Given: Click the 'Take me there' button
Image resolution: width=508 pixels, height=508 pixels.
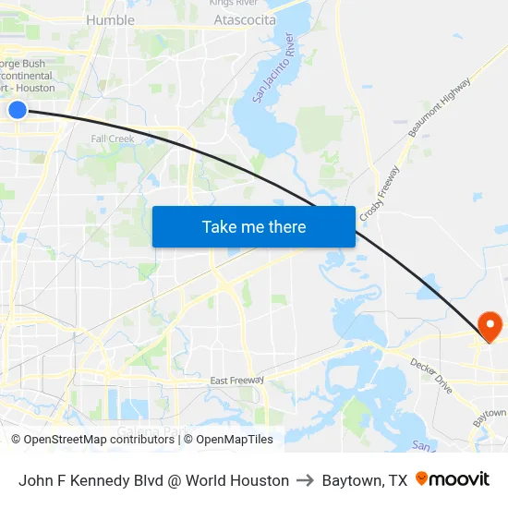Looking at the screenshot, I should [254, 226].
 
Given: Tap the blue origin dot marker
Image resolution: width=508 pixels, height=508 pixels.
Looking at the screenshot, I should [18, 110].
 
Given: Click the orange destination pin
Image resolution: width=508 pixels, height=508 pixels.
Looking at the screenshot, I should [489, 325].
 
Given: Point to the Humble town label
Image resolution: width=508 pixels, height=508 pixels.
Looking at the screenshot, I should [110, 19].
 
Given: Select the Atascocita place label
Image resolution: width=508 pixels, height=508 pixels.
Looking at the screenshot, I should [245, 19].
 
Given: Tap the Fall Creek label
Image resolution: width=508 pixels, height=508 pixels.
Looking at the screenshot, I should [113, 139].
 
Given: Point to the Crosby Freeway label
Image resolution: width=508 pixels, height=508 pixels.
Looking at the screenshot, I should [380, 193].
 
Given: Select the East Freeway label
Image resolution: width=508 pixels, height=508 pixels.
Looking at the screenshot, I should [236, 381].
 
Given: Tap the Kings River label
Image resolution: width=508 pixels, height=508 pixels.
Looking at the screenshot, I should [233, 4].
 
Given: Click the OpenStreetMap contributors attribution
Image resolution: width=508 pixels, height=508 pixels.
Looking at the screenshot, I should [94, 440].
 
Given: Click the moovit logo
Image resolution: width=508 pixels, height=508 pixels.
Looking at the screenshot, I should [453, 479].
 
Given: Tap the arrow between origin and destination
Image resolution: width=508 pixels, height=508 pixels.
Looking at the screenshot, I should [306, 480].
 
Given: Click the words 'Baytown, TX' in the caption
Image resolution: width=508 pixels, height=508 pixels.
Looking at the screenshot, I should [365, 480].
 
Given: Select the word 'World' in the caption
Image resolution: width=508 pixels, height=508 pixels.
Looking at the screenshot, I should [204, 480].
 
